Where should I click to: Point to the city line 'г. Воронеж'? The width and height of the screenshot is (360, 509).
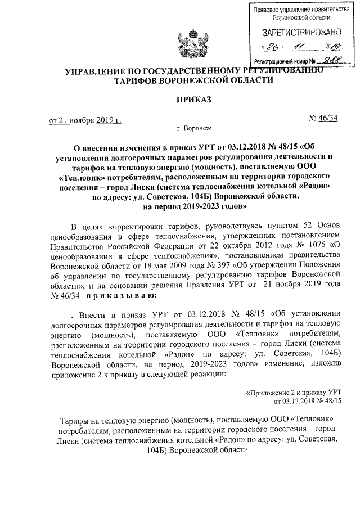(x=193, y=129)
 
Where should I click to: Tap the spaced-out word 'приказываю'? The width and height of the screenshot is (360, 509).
(x=116, y=294)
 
